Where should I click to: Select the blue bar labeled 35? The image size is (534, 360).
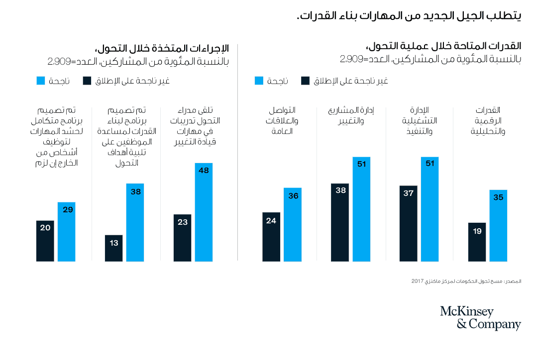[498, 226]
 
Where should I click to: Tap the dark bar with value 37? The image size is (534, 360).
[408, 224]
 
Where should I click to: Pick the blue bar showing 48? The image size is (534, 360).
[204, 212]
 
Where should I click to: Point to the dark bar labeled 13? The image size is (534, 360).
[114, 248]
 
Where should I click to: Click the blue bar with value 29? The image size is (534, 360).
[66, 232]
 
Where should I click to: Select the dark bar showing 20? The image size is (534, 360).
[45, 241]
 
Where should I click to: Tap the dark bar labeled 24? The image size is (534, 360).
[271, 237]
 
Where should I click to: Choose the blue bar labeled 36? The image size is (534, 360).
[293, 225]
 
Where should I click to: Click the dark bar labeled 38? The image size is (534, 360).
[340, 222]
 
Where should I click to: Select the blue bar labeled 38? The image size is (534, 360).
[135, 222]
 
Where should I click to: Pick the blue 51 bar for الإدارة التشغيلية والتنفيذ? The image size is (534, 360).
[429, 209]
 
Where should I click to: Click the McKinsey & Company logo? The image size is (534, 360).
[480, 318]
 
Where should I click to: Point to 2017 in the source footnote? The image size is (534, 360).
[417, 281]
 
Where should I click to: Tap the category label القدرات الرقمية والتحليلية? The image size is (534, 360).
[487, 120]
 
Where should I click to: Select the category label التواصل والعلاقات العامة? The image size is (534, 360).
[281, 120]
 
